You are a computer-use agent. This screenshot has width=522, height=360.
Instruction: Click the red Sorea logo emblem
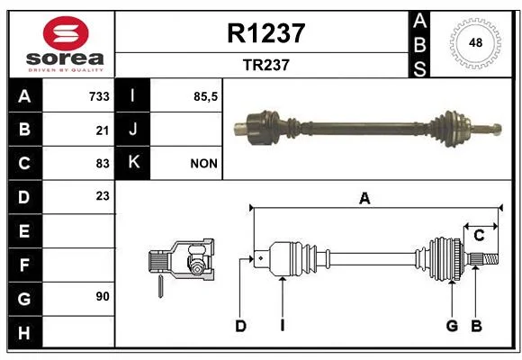click(66, 33)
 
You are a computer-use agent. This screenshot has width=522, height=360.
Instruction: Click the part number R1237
click(266, 33)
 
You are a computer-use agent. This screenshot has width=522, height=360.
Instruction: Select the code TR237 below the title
click(266, 65)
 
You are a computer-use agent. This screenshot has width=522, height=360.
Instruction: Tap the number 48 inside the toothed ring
click(475, 42)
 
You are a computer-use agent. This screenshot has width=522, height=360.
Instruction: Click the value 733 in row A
click(99, 96)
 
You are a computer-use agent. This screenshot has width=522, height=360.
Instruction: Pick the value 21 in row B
click(103, 130)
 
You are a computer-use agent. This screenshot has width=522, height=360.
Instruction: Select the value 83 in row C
click(103, 164)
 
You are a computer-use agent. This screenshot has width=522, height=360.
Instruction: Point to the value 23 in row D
click(103, 196)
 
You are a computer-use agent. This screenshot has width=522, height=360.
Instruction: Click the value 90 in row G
click(103, 296)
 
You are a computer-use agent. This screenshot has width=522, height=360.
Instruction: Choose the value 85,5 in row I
click(205, 96)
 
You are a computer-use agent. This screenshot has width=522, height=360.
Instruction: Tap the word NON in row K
click(203, 164)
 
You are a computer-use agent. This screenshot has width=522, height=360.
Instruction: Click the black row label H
click(24, 332)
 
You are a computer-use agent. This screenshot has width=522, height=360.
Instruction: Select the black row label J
click(132, 130)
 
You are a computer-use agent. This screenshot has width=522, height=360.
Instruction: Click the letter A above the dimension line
click(364, 199)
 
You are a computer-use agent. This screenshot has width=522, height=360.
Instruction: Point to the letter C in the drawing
click(479, 236)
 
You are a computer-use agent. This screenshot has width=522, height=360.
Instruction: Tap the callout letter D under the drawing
click(240, 326)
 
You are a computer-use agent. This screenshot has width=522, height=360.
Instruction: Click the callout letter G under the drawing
click(452, 326)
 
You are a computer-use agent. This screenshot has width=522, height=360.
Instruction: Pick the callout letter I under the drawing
click(283, 326)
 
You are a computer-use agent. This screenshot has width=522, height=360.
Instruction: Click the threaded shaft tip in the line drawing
click(491, 259)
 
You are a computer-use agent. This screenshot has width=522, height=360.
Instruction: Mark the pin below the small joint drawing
click(160, 286)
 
